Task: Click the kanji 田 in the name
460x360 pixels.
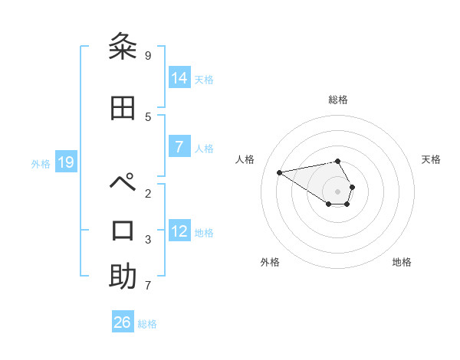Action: point(123,109)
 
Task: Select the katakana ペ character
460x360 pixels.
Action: point(123,185)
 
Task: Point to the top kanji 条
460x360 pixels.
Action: point(123,47)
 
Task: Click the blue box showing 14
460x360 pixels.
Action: point(180,78)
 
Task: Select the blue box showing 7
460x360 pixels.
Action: point(180,147)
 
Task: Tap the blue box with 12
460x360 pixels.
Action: point(180,231)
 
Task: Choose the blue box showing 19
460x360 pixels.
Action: point(66,162)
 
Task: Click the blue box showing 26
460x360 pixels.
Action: point(123,322)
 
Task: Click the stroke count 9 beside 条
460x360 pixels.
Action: point(148,56)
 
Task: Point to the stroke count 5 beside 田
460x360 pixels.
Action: point(148,117)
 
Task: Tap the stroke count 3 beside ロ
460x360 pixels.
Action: point(148,240)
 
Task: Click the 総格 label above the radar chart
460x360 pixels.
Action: point(338,100)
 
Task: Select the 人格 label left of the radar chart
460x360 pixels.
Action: point(245,159)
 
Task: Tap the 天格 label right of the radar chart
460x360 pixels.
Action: point(432,159)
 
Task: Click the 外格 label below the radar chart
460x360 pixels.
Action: point(270,262)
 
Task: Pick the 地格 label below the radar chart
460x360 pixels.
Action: point(402,262)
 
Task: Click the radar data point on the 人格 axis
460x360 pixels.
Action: point(279,172)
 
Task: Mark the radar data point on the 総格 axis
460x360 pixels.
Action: point(338,161)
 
